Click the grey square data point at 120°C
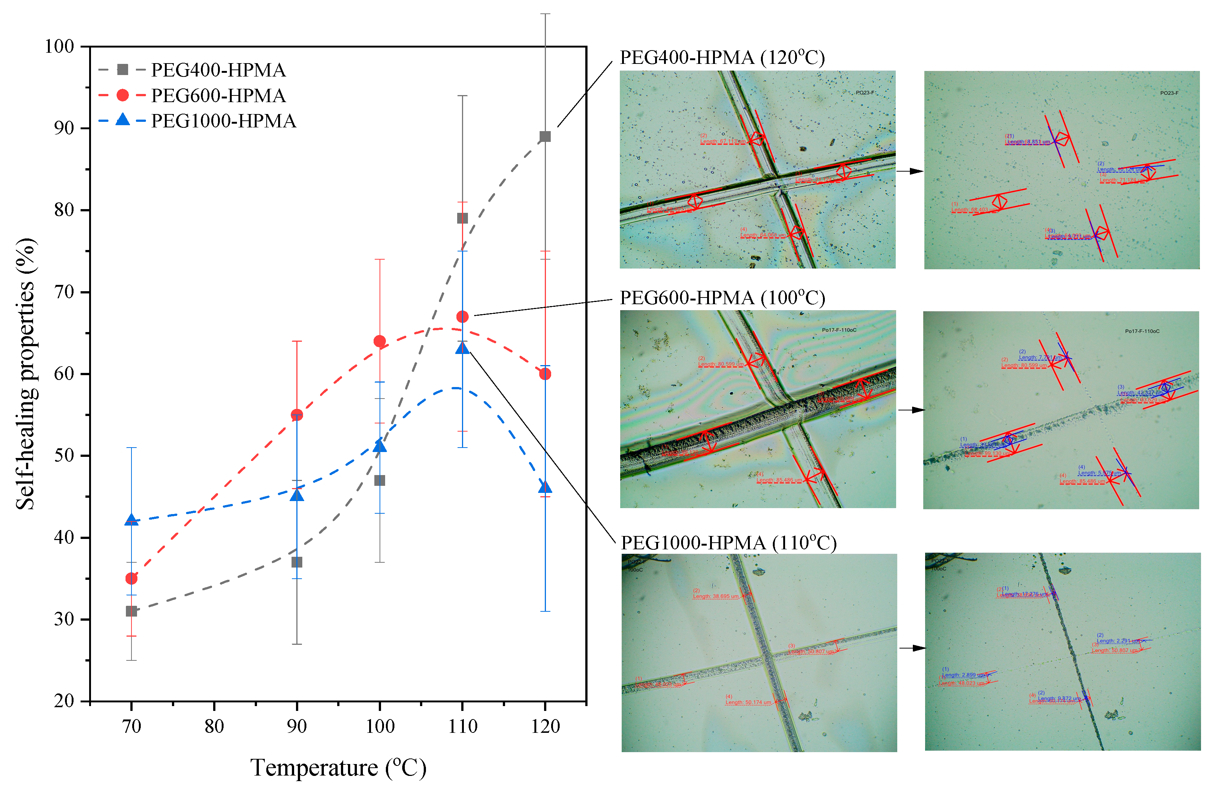545,137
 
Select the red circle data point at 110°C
462,316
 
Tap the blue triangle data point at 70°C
131,520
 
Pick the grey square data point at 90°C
297,562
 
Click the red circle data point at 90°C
297,415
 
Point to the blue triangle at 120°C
545,487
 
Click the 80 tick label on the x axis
214,726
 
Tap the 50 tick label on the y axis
64,455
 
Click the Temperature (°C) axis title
338,767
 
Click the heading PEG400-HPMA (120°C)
722,57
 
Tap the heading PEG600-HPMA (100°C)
722,298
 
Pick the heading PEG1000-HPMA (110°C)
728,542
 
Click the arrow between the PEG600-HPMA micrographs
912,410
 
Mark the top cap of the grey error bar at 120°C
545,14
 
